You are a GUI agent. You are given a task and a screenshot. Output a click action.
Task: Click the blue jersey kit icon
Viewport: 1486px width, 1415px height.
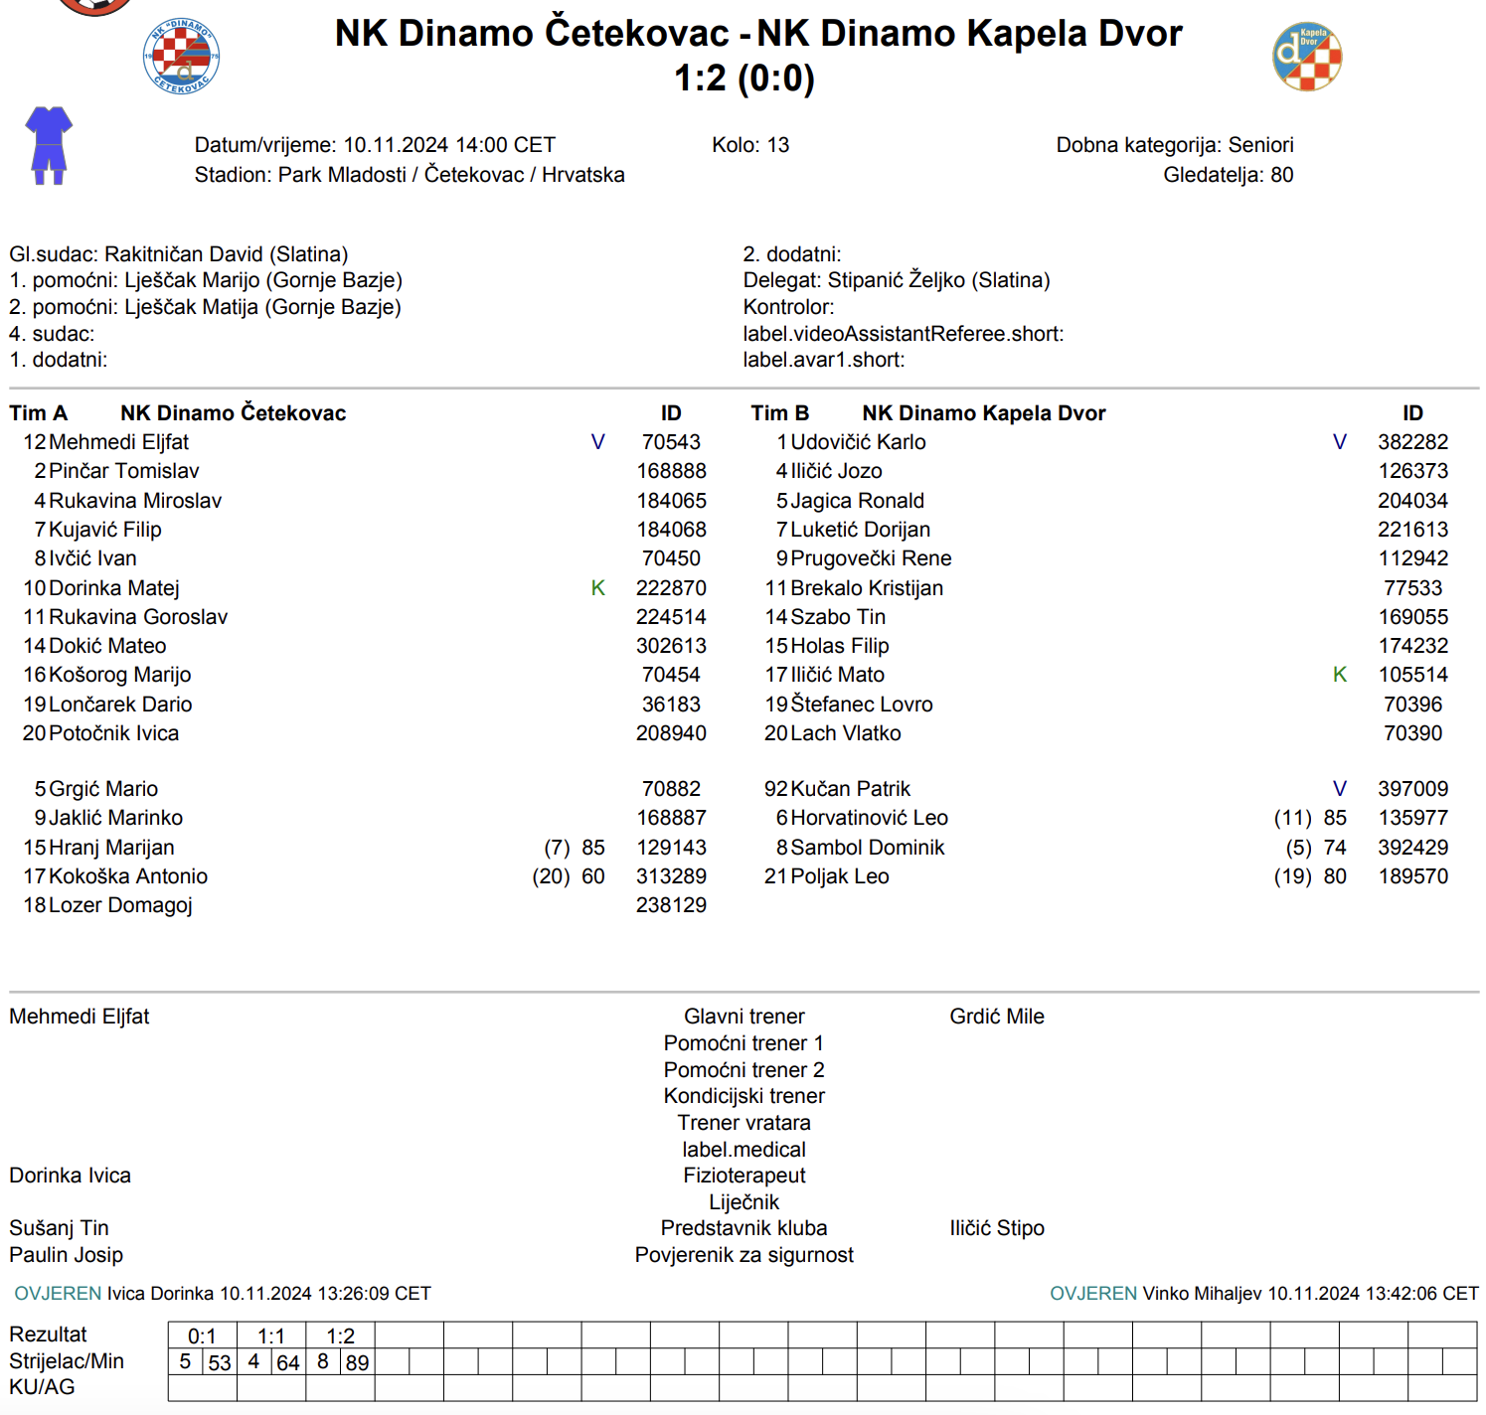point(49,145)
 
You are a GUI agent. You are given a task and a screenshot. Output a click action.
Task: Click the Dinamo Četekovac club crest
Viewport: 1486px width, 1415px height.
point(182,58)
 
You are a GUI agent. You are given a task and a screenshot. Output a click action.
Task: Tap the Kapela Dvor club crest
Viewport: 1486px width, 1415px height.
point(1307,58)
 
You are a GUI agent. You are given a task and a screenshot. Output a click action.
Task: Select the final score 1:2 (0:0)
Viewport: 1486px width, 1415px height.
point(743,78)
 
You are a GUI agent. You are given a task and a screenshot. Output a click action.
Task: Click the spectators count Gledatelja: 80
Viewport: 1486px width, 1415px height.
point(1228,175)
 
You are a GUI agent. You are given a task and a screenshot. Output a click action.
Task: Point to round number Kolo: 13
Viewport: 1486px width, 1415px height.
point(750,145)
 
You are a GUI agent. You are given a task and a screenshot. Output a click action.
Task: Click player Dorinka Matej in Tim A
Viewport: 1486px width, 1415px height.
point(114,588)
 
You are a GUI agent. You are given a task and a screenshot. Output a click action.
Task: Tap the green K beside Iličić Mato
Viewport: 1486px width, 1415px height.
point(1339,675)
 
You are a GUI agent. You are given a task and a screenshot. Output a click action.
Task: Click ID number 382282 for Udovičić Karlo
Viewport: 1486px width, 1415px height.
point(1412,442)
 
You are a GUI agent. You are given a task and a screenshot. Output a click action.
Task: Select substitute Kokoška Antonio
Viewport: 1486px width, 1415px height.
point(128,876)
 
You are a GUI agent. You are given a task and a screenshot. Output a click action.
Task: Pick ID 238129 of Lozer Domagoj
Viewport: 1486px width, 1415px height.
point(671,905)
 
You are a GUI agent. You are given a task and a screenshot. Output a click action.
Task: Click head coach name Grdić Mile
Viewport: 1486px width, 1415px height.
point(996,1017)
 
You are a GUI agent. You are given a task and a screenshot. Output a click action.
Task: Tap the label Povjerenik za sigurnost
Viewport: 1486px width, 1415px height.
point(743,1255)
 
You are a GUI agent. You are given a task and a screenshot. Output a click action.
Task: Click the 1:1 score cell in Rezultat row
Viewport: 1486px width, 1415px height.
point(270,1336)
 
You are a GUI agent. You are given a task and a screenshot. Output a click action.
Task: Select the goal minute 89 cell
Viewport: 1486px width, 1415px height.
point(357,1362)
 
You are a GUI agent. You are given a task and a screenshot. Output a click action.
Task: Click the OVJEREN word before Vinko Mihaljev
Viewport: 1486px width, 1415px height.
point(1092,1294)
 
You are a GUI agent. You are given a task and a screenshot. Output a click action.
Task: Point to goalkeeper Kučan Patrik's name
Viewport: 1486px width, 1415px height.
point(850,789)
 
